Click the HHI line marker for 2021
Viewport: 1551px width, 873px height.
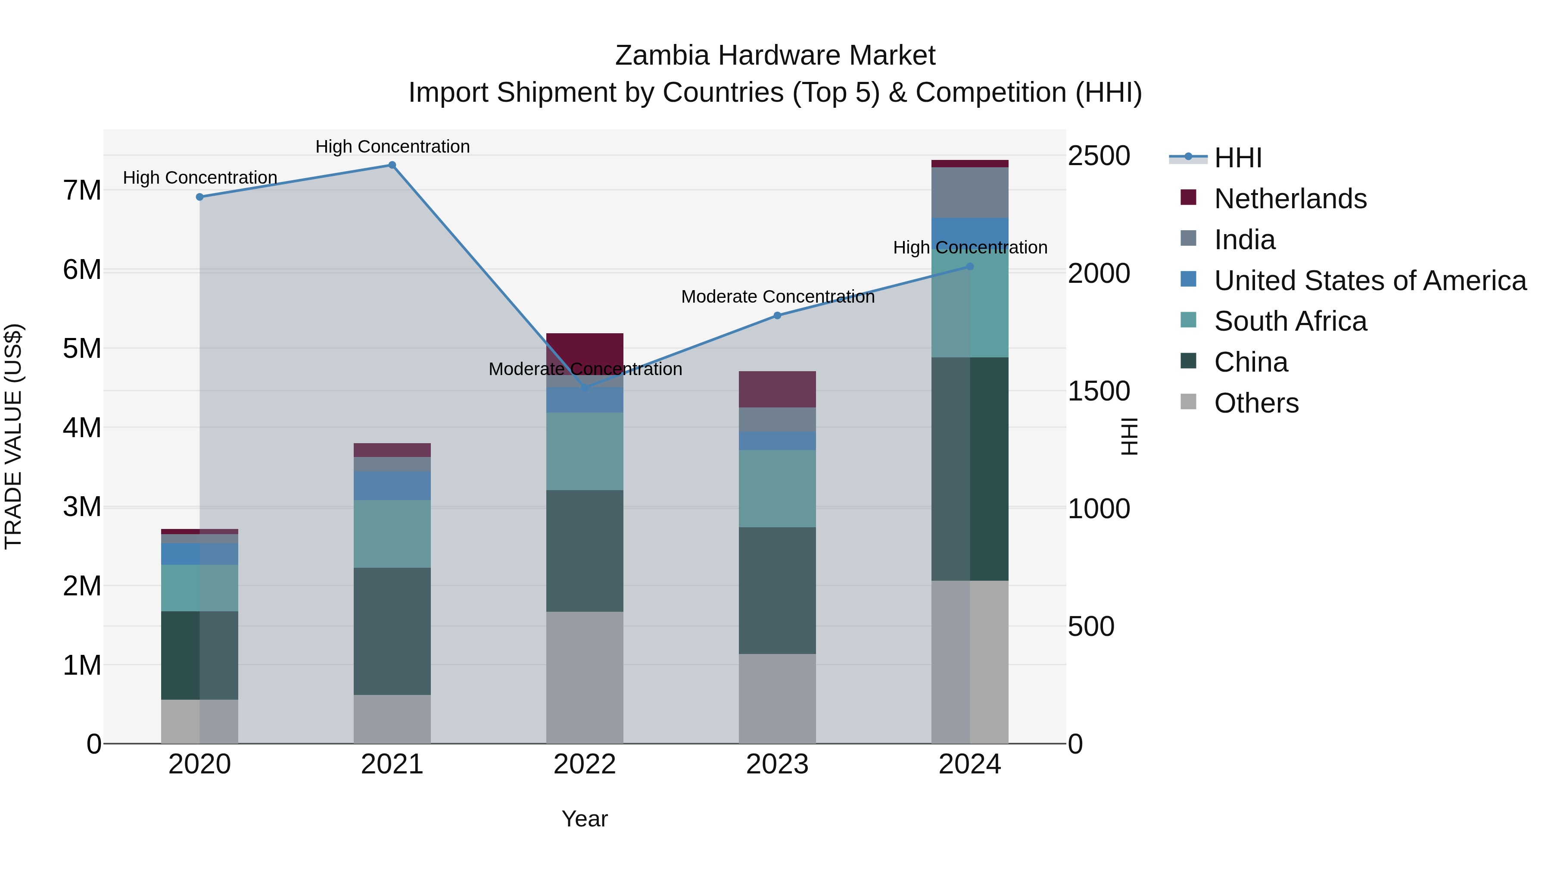tap(392, 165)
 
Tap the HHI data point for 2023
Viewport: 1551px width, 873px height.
tap(777, 315)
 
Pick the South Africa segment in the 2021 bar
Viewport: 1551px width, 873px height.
tap(392, 534)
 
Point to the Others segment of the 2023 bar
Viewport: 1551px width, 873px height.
tap(777, 698)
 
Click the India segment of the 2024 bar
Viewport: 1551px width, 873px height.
tap(969, 192)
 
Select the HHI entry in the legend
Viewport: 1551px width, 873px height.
tap(1237, 158)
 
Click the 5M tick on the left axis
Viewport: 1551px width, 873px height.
tap(82, 349)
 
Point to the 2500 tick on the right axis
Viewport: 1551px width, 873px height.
tap(1099, 156)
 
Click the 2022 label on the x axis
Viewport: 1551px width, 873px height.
tap(585, 764)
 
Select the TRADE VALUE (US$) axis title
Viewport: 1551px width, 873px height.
tap(13, 436)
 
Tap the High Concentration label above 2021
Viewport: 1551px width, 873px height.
tap(392, 147)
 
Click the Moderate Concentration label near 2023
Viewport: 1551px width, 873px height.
tap(777, 297)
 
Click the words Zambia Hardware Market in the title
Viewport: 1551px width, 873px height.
tap(775, 56)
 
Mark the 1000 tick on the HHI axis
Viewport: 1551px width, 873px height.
tap(1099, 509)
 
